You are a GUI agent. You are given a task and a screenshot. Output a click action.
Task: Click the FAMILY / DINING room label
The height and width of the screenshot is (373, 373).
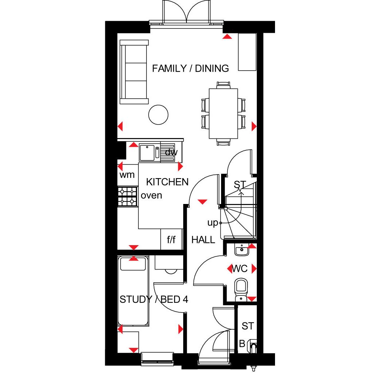coord(190,68)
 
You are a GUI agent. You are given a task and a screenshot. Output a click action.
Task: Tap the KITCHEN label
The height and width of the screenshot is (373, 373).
coord(167,182)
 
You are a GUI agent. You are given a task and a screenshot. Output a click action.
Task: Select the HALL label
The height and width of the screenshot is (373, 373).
coord(203,240)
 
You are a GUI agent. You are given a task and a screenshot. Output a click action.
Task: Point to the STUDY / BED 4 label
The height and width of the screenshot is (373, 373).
coord(154,299)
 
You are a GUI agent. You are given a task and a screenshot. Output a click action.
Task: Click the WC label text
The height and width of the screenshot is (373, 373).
coord(240,269)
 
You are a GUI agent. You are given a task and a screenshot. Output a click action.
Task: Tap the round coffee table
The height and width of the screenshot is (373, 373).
coord(158,115)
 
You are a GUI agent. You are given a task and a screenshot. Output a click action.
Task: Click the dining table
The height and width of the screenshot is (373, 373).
coord(223,114)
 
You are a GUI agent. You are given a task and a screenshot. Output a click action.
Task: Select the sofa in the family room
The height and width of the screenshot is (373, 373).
coord(134,72)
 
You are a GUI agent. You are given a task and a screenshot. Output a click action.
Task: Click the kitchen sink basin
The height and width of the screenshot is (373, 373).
coord(147,153)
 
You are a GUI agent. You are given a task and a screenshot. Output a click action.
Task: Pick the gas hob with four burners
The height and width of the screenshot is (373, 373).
coord(127,196)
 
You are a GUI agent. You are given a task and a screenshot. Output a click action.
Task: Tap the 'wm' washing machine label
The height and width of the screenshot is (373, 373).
coord(127,175)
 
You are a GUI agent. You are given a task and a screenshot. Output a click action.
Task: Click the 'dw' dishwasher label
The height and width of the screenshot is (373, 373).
coord(171,152)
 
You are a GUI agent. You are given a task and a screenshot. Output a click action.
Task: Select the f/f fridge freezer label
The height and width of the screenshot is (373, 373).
coord(171,240)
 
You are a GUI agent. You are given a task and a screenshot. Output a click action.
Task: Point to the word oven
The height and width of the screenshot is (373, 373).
coord(151,196)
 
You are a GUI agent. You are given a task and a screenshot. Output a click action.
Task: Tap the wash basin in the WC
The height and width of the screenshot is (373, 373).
coord(242,250)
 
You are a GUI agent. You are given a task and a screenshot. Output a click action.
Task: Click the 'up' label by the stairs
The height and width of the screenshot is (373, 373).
coord(213,223)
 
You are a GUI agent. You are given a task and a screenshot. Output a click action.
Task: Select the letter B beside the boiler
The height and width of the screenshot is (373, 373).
coord(242,344)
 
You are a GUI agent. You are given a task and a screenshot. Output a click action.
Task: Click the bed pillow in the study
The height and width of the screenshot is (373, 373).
coord(133,264)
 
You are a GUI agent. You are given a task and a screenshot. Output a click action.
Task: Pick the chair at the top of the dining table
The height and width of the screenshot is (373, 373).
coord(223,85)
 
